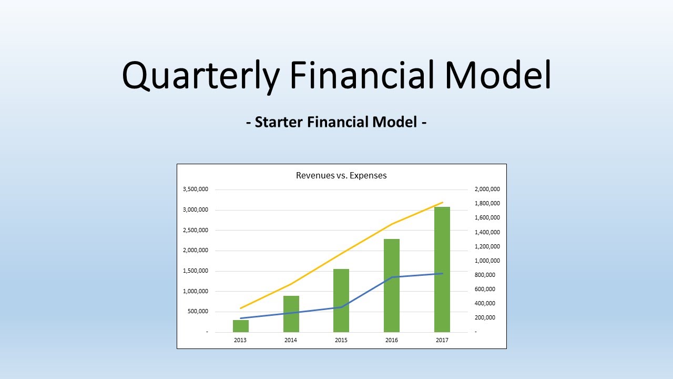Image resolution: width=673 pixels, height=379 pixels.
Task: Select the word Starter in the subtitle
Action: (278, 122)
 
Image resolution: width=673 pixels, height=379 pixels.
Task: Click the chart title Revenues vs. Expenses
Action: (341, 175)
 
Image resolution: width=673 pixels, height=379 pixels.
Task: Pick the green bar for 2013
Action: (241, 326)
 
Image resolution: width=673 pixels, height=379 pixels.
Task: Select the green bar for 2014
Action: (291, 314)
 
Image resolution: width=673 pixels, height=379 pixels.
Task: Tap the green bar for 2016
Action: (392, 285)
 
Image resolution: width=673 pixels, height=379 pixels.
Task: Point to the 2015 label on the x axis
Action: (341, 340)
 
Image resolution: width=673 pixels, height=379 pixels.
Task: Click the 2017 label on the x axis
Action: (442, 340)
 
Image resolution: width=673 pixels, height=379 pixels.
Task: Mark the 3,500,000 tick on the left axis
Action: (196, 189)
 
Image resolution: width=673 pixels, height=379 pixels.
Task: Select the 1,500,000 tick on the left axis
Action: (196, 271)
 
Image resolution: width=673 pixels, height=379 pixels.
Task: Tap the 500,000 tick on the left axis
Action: (198, 312)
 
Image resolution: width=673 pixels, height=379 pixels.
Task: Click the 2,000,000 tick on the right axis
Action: (487, 189)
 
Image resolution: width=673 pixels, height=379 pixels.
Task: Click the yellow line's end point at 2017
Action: (443, 202)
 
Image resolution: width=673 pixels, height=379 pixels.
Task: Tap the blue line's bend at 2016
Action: (392, 277)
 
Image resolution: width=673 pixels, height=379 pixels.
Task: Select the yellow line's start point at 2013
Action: (241, 308)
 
